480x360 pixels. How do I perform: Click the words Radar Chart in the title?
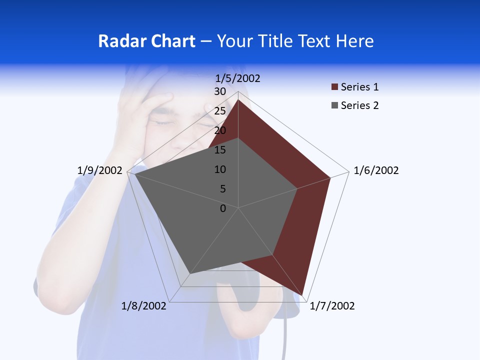click(x=146, y=41)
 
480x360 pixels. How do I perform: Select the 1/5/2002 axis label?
click(x=238, y=78)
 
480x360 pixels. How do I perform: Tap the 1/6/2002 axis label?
click(x=376, y=170)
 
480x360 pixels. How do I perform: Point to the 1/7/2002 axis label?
click(x=332, y=306)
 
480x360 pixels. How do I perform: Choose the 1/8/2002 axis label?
click(x=144, y=306)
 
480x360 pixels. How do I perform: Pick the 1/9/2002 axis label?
click(x=99, y=170)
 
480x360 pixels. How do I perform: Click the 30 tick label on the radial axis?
click(x=220, y=91)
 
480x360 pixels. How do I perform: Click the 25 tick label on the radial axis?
click(x=220, y=111)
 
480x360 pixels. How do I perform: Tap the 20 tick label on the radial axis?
click(x=220, y=130)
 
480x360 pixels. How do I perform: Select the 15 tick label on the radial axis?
click(x=220, y=150)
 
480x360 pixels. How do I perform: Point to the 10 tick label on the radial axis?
click(x=220, y=169)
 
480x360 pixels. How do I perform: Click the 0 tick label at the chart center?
click(x=223, y=208)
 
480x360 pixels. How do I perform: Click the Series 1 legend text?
click(x=359, y=87)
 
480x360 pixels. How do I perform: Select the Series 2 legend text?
click(x=359, y=105)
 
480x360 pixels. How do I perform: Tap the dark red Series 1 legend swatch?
click(x=334, y=87)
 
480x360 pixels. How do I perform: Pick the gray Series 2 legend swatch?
click(x=334, y=105)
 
